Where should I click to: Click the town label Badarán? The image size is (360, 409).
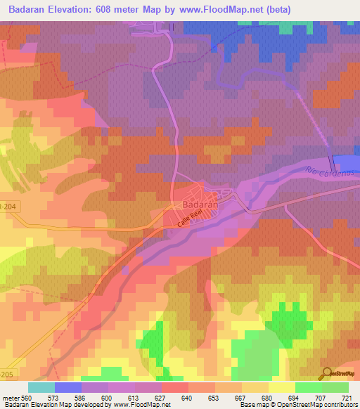tap(198, 204)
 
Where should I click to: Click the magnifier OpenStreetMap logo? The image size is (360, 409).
tap(328, 373)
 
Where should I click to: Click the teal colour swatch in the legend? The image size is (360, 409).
tap(41, 387)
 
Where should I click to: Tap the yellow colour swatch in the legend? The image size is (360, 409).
tap(282, 387)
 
